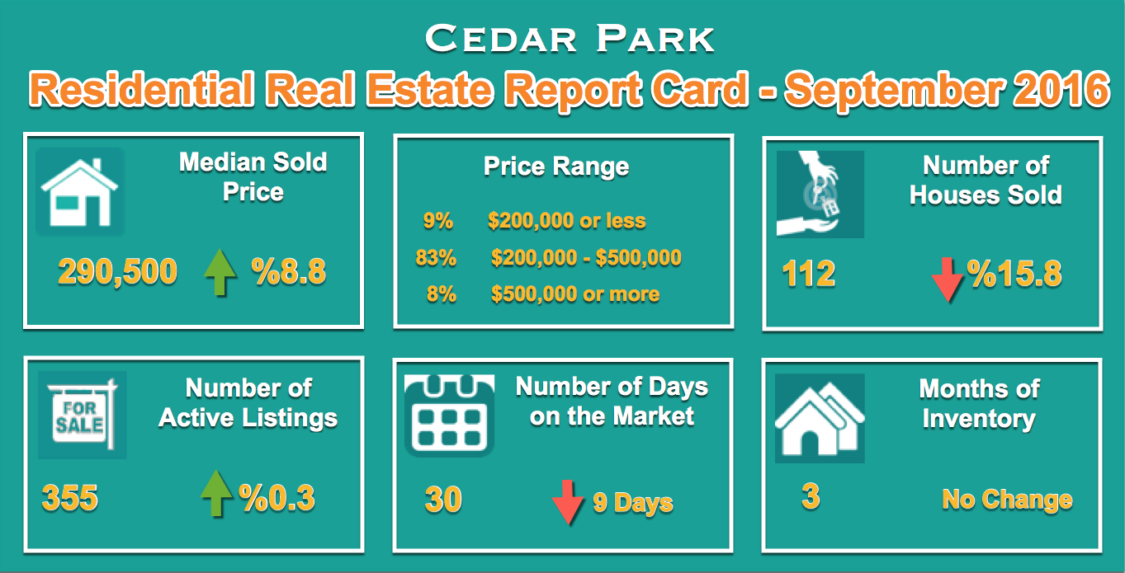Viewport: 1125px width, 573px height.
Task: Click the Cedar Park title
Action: coord(570,39)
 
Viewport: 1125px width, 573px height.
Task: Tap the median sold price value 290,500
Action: coord(117,270)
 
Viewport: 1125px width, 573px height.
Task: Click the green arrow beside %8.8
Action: coord(220,273)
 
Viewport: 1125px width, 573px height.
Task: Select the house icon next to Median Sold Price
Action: coord(80,192)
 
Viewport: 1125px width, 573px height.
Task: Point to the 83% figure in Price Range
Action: coord(436,257)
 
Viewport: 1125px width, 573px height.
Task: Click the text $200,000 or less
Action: coord(566,221)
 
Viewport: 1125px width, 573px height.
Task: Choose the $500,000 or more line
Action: coord(574,294)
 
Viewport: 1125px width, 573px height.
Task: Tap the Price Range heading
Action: coord(556,167)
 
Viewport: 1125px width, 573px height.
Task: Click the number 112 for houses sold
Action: coord(809,274)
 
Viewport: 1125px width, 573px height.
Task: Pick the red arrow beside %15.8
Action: coord(947,278)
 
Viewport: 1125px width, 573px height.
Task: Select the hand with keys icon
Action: coord(820,195)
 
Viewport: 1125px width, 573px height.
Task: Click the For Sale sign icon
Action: coord(82,415)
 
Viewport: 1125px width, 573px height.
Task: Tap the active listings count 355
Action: coord(69,498)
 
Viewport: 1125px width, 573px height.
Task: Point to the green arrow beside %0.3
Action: coord(216,493)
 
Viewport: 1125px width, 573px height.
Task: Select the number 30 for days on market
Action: coord(443,500)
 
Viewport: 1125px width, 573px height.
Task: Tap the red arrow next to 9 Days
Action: coord(568,501)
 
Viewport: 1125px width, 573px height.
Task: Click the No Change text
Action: coord(1007,500)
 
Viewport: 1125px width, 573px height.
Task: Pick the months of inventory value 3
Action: coord(811,497)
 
